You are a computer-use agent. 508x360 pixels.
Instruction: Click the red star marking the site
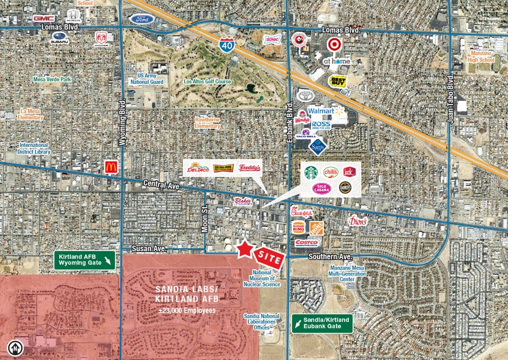(x=244, y=249)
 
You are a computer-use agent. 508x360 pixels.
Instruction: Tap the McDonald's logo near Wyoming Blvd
(x=111, y=167)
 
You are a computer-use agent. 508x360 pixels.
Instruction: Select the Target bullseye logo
(x=334, y=45)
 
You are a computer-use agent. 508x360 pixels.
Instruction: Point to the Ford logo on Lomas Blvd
(x=141, y=19)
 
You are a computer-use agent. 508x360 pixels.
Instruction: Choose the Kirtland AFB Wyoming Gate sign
(x=84, y=260)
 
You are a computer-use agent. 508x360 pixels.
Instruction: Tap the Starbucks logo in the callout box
(x=312, y=173)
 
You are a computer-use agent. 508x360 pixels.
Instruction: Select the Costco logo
(x=306, y=243)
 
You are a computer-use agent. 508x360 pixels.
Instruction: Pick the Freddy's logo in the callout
(x=250, y=168)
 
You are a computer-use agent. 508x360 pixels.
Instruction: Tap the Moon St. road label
(x=206, y=216)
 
